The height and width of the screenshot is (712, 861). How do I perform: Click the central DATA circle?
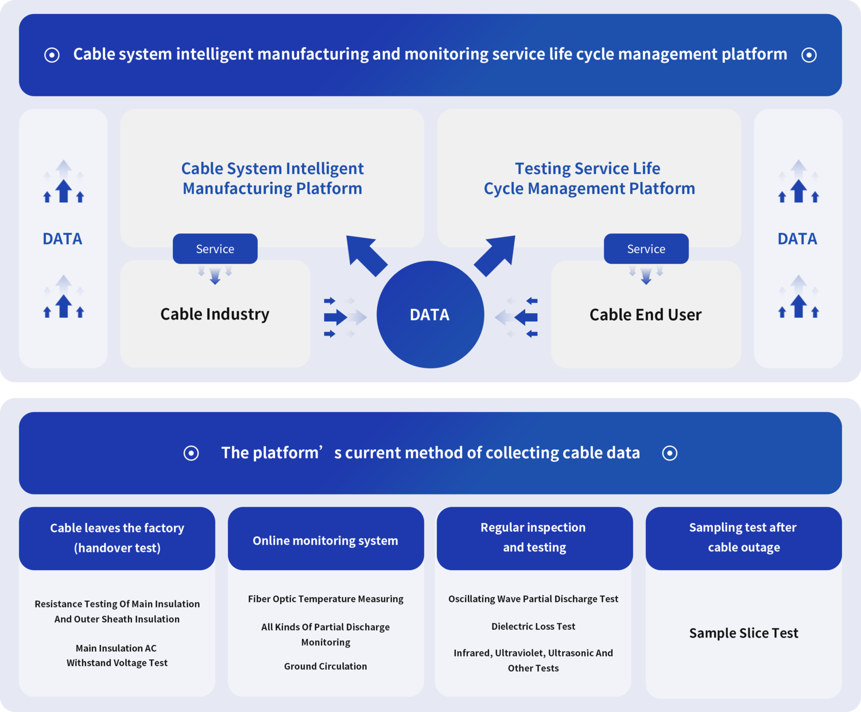[x=430, y=314]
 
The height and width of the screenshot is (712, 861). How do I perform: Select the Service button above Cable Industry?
[x=215, y=249]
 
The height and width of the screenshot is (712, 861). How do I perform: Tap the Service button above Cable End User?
[x=646, y=249]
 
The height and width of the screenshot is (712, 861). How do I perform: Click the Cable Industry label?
[x=215, y=314]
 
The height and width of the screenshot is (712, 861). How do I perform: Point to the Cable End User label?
[x=645, y=315]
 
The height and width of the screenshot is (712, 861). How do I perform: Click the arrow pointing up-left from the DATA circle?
[x=366, y=255]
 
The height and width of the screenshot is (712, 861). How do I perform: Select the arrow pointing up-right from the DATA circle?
[x=495, y=255]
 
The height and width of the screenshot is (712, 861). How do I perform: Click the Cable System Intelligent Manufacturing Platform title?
[x=272, y=178]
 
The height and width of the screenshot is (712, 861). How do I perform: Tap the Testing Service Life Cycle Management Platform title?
[x=589, y=178]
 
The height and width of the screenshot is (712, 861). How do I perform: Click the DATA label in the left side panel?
[x=63, y=239]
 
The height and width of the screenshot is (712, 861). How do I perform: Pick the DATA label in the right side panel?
[x=797, y=239]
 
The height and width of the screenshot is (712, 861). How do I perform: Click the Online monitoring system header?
[x=325, y=540]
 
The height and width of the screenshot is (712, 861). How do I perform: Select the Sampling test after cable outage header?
[x=743, y=538]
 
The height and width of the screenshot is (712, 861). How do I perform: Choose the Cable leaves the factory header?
[x=117, y=538]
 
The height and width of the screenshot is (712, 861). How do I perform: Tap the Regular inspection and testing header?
[x=534, y=538]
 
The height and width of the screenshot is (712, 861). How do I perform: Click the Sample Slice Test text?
[x=743, y=633]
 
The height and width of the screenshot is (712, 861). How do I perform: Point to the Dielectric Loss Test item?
[x=533, y=627]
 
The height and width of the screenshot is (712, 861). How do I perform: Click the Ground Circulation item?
[x=325, y=666]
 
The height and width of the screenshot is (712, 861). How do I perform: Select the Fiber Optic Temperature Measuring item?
[x=325, y=599]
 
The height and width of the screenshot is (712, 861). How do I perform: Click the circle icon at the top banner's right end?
[x=809, y=55]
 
